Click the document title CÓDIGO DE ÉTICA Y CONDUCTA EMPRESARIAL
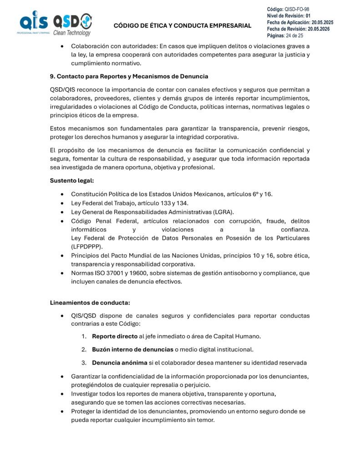pos(182,25)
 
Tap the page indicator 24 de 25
pos(294,35)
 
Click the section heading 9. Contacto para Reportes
pos(129,76)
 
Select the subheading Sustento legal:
pos(71,181)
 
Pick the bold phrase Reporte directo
pos(114,336)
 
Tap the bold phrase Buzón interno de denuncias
pos(132,349)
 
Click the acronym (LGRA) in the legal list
pos(223,212)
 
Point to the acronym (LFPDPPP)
pos(86,246)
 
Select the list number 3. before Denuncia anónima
pos(84,363)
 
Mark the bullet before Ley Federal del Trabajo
pos(62,203)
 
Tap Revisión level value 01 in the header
pos(308,15)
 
